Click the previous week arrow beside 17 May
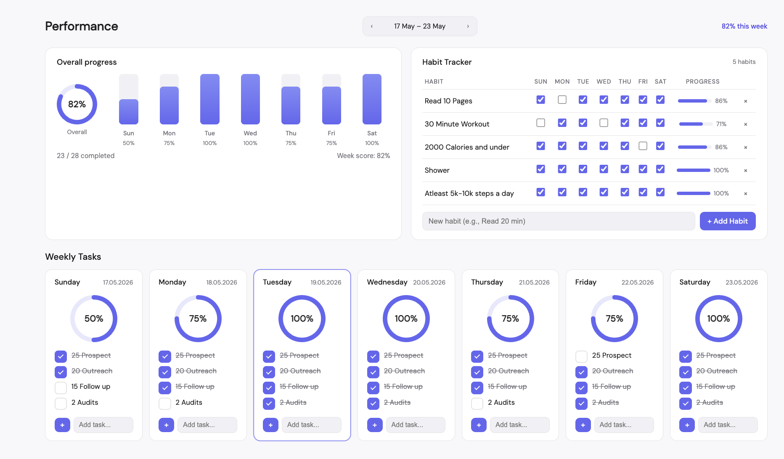[x=372, y=26]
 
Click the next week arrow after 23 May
[x=468, y=26]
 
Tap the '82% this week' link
[x=744, y=26]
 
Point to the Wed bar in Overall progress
[x=250, y=99]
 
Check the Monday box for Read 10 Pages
[x=562, y=100]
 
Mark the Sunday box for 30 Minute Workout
[x=541, y=123]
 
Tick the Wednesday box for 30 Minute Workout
[x=604, y=123]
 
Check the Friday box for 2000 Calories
[x=643, y=146]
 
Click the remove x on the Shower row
[x=745, y=170]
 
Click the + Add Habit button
[x=728, y=221]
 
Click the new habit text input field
[x=559, y=221]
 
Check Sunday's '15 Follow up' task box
[x=61, y=388]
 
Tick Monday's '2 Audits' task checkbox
[x=165, y=404]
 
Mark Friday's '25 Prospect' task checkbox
[x=581, y=356]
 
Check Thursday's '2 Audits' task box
[x=477, y=404]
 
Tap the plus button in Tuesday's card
[x=270, y=425]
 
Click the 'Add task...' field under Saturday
[x=728, y=425]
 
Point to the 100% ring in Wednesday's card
[x=406, y=296]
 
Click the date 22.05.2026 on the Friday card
[x=638, y=282]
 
